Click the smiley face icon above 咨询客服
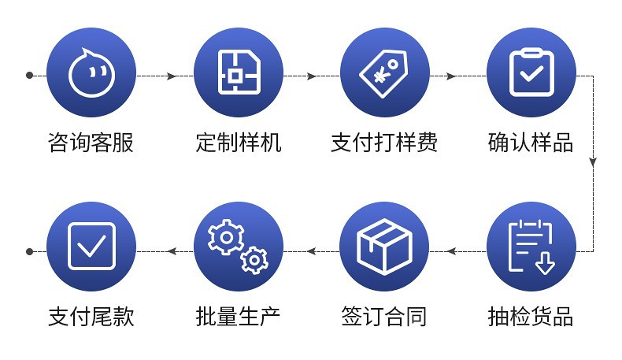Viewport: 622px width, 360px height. point(91,72)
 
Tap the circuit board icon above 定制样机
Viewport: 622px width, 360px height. point(238,72)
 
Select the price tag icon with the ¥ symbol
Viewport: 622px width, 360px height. point(384,72)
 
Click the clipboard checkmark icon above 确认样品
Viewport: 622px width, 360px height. point(531,72)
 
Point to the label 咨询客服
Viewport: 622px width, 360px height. point(91,143)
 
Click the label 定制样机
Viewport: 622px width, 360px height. point(238,143)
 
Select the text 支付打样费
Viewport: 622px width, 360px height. point(384,143)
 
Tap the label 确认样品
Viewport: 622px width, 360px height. point(531,143)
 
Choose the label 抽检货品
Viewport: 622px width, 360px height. point(531,317)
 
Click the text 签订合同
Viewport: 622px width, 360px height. point(384,317)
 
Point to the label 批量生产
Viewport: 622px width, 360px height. point(238,317)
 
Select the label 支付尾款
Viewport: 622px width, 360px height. point(91,317)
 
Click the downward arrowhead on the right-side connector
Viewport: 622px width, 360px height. point(593,161)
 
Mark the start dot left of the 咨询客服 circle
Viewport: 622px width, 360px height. point(29,76)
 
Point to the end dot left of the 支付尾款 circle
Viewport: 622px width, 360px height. point(29,251)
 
